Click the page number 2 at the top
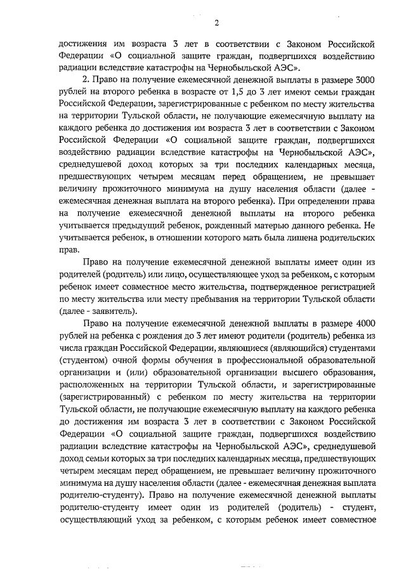coord(216,24)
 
